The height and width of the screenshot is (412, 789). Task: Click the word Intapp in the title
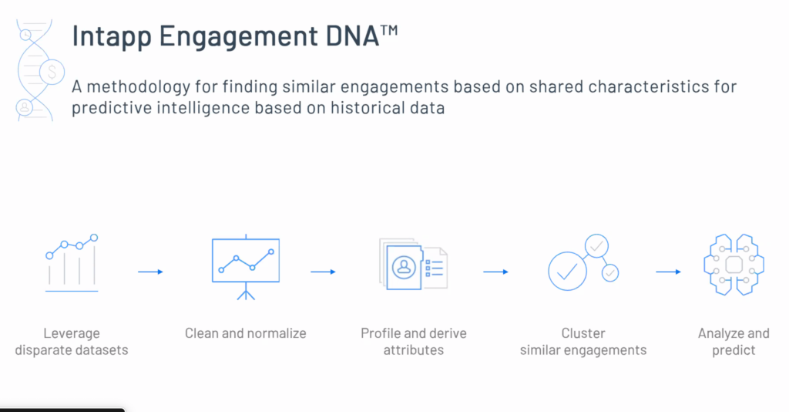click(x=112, y=37)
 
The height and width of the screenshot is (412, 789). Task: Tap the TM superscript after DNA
click(x=389, y=30)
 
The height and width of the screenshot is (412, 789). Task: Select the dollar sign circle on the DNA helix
click(x=52, y=72)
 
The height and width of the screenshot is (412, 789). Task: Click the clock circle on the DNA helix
click(x=25, y=35)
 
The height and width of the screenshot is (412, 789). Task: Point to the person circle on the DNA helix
click(x=24, y=107)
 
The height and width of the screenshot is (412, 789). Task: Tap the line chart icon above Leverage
click(x=72, y=263)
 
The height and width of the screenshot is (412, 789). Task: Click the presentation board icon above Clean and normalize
click(x=246, y=268)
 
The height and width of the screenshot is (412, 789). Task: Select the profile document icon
click(x=413, y=265)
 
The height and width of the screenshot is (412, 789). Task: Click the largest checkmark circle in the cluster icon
click(x=567, y=271)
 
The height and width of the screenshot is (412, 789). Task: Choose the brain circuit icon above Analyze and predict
click(x=734, y=265)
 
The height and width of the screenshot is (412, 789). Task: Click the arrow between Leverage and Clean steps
click(x=150, y=272)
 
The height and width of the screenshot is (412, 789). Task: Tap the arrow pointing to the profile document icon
click(x=323, y=272)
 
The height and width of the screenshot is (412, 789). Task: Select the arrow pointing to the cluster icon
click(x=495, y=272)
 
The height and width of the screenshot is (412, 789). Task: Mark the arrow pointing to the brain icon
click(x=668, y=272)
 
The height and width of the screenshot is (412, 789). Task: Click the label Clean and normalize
click(x=246, y=333)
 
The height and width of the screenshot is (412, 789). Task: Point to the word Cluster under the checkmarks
click(x=583, y=333)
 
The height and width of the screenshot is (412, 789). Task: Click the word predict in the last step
click(x=734, y=350)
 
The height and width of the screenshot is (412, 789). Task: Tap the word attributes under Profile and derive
click(x=414, y=350)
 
